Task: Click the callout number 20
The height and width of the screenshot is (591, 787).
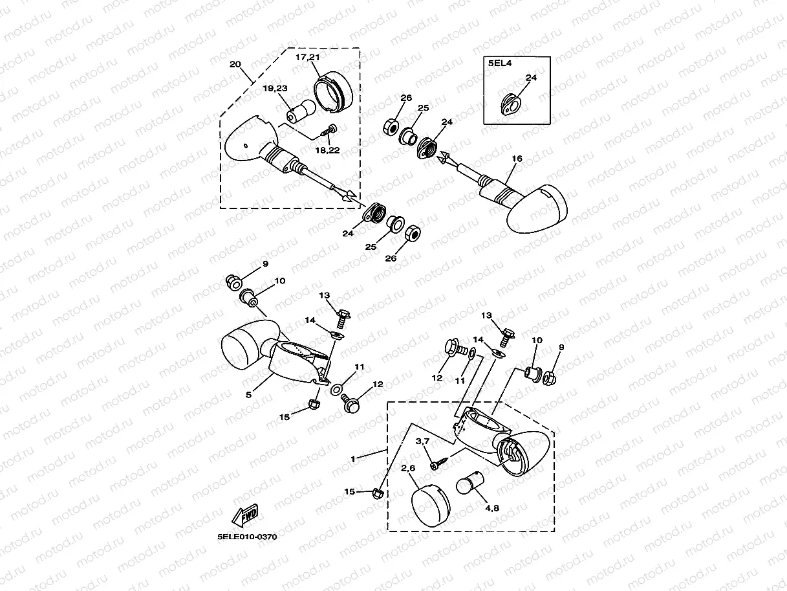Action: (x=235, y=65)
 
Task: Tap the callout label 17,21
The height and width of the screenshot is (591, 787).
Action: (x=308, y=58)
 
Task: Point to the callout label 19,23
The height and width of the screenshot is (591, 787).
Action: (x=275, y=88)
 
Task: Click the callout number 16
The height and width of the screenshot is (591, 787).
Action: (x=516, y=158)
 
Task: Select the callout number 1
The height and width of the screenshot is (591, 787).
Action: (x=353, y=458)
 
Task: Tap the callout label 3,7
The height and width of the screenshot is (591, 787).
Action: (x=422, y=441)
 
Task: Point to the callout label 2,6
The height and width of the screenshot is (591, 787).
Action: (x=407, y=468)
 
